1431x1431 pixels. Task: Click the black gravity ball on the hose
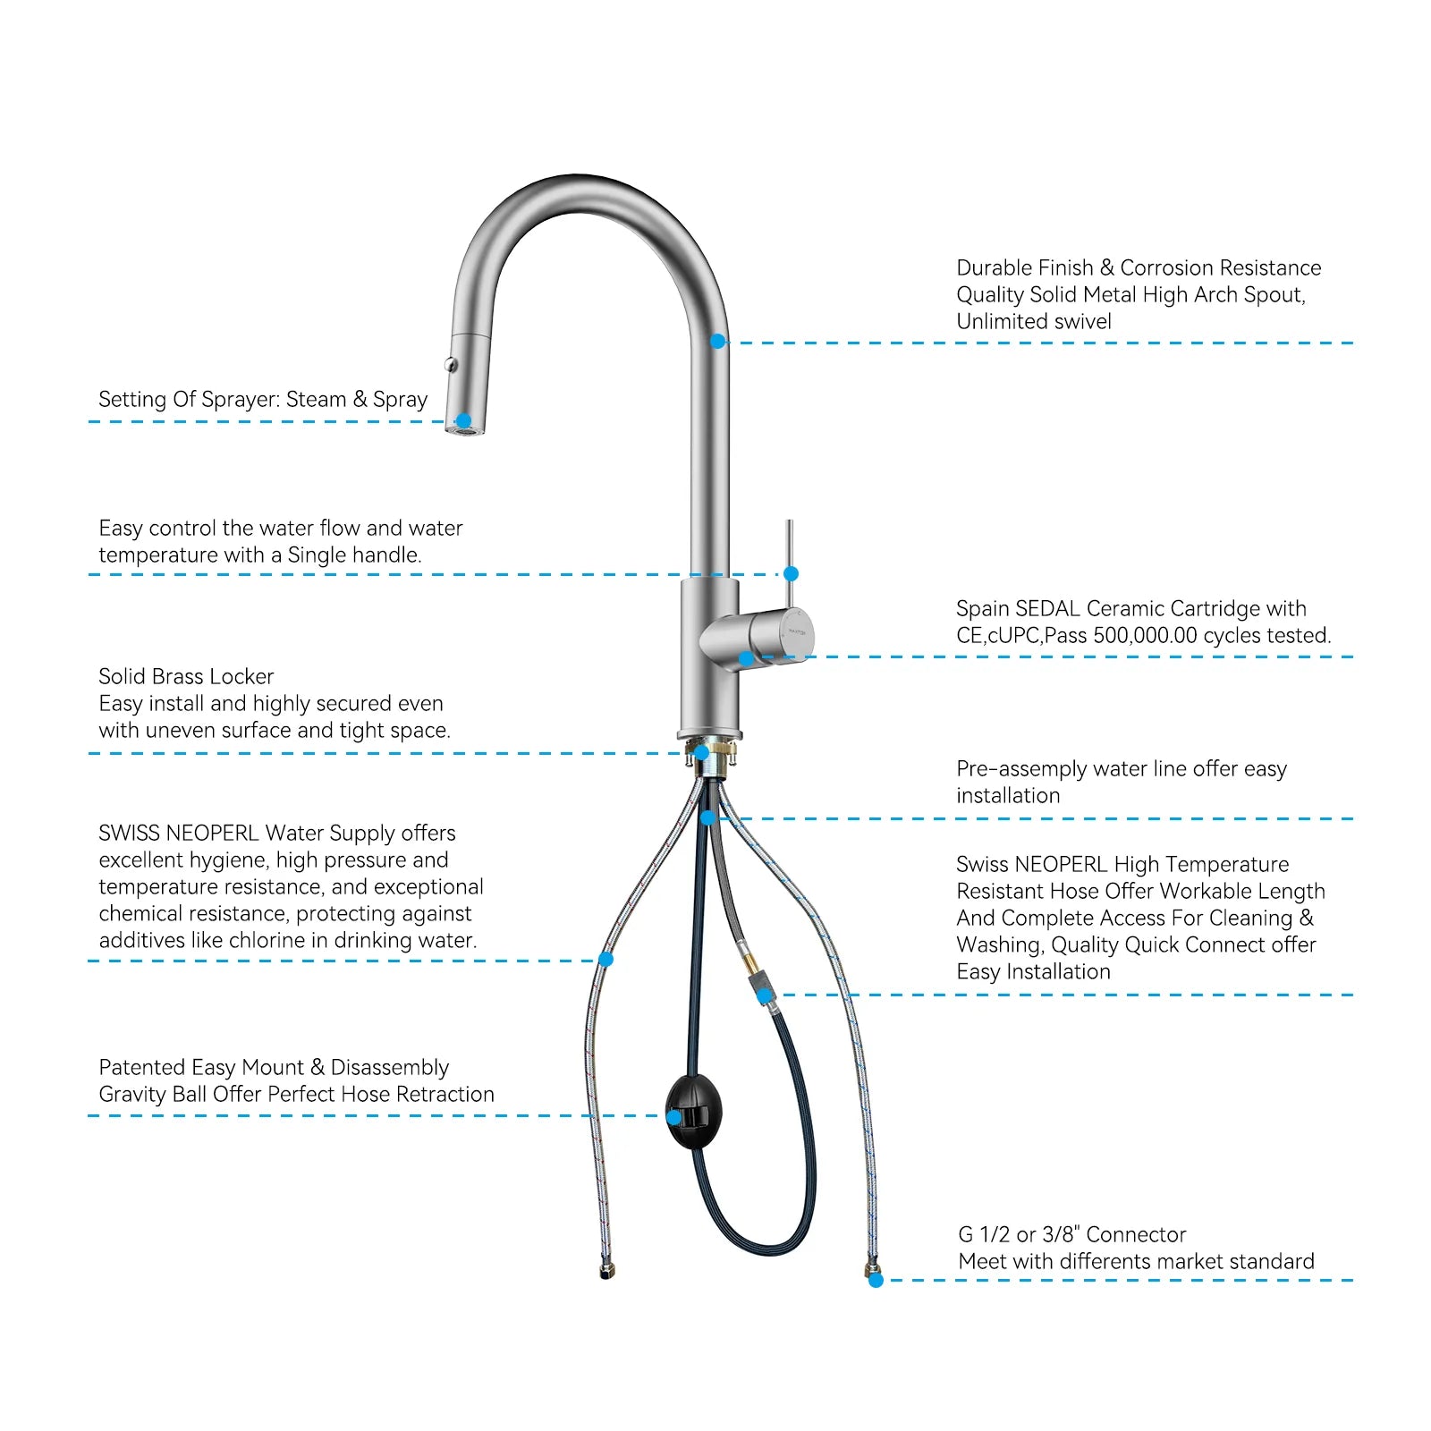point(693,1112)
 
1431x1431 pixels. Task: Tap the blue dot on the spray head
point(463,420)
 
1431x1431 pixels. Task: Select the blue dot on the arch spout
point(717,342)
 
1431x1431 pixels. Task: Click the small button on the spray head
point(451,364)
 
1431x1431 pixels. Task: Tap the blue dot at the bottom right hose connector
point(876,1280)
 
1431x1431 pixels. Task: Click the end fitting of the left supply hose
point(606,1271)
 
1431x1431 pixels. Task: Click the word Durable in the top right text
point(991,268)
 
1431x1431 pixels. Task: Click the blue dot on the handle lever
point(791,573)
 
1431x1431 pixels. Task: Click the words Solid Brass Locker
point(186,677)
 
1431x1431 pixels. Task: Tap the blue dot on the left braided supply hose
point(605,960)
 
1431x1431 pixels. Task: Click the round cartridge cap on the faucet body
point(794,633)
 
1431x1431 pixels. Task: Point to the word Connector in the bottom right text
point(1136,1235)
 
